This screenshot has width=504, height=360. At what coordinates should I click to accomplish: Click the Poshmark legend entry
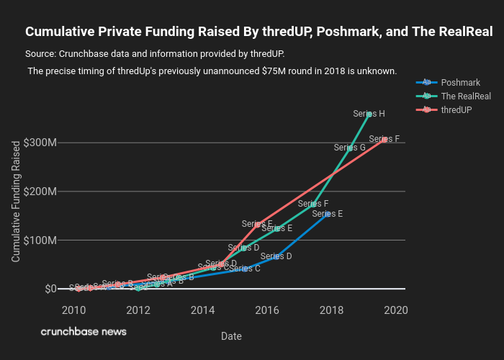tap(460, 82)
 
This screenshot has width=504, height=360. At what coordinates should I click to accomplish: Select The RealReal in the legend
tap(465, 96)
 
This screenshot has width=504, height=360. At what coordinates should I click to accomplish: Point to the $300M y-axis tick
tap(40, 143)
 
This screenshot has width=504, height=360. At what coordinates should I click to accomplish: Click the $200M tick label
tap(40, 192)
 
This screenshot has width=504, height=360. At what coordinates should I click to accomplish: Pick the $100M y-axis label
tap(40, 240)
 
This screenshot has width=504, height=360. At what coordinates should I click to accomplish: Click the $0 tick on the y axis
tap(50, 289)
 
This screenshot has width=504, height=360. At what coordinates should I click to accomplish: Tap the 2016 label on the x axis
tap(267, 310)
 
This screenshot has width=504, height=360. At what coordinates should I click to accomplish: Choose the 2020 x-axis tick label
tap(396, 310)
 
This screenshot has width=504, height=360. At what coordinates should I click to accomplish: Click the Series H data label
tap(369, 114)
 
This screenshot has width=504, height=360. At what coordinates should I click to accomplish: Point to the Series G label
tap(350, 148)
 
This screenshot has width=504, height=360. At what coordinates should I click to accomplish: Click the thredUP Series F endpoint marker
tap(385, 139)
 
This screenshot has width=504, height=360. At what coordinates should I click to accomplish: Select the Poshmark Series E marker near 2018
tap(328, 214)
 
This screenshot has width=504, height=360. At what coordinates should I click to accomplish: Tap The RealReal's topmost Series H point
tap(369, 114)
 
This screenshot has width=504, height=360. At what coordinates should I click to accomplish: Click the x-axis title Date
tap(231, 336)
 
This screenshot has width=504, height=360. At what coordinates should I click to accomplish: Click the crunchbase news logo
tap(84, 332)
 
